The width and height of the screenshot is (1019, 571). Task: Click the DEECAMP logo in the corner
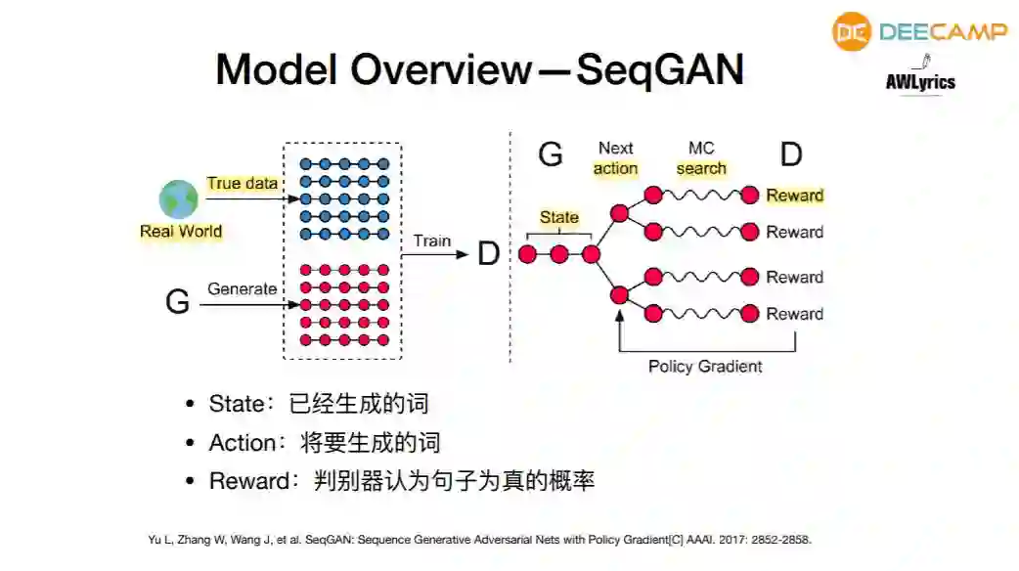pyautogui.click(x=919, y=31)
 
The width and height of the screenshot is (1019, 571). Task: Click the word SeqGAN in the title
pyautogui.click(x=660, y=69)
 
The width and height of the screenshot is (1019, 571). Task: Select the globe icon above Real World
pyautogui.click(x=179, y=198)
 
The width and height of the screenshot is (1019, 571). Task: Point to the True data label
pyautogui.click(x=242, y=183)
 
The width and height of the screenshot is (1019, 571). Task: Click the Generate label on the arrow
pyautogui.click(x=242, y=288)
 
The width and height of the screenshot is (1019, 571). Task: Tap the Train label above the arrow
pyautogui.click(x=432, y=241)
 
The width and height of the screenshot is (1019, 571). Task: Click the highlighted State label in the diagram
pyautogui.click(x=558, y=217)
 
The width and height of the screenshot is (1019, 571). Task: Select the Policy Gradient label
pyautogui.click(x=705, y=367)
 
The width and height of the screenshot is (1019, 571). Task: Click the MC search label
pyautogui.click(x=701, y=158)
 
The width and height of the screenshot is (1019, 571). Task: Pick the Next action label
pyautogui.click(x=616, y=158)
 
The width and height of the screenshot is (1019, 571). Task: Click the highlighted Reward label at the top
pyautogui.click(x=794, y=196)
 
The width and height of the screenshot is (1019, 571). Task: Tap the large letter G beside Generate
pyautogui.click(x=177, y=302)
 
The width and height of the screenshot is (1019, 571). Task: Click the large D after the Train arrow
pyautogui.click(x=488, y=255)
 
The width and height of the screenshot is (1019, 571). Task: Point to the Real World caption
pyautogui.click(x=181, y=232)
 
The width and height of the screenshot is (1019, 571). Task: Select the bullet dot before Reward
pyautogui.click(x=191, y=482)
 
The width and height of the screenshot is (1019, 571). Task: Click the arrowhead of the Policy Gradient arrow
pyautogui.click(x=619, y=315)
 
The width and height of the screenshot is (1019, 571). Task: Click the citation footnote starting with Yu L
pyautogui.click(x=479, y=540)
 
